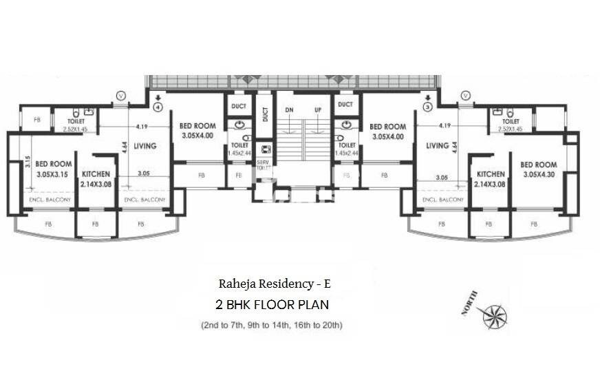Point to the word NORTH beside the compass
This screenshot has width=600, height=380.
tap(471, 304)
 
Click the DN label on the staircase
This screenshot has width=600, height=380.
tap(290, 109)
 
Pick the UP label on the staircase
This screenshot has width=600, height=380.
tap(318, 109)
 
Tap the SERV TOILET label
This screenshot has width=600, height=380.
tap(263, 165)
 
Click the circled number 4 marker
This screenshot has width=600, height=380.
tap(158, 107)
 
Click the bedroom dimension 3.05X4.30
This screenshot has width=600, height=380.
tap(538, 175)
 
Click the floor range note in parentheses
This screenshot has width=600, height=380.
tap(272, 324)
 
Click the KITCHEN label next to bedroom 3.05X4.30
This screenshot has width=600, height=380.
tap(489, 175)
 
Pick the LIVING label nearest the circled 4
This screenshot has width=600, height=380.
tap(145, 145)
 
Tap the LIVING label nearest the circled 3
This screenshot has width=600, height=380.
tap(437, 145)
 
